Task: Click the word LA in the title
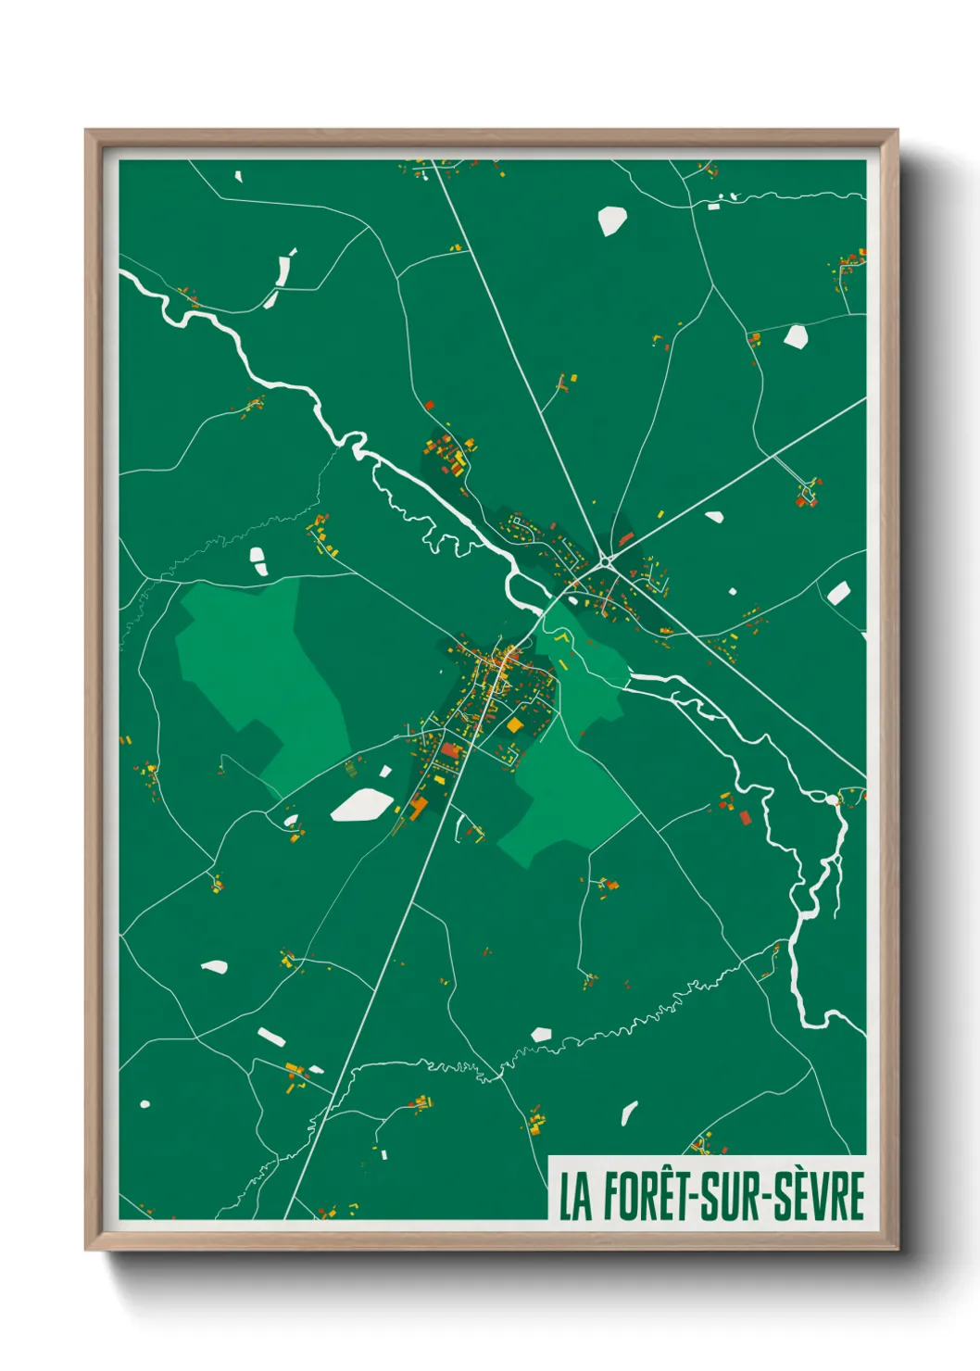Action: (574, 1197)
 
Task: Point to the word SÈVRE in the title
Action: (819, 1197)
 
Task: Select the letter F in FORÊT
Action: (611, 1197)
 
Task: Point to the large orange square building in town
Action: (515, 725)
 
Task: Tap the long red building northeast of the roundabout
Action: (626, 538)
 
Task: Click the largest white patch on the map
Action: (361, 804)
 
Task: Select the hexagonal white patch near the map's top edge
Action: (611, 220)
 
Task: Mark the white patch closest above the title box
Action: (629, 1112)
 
